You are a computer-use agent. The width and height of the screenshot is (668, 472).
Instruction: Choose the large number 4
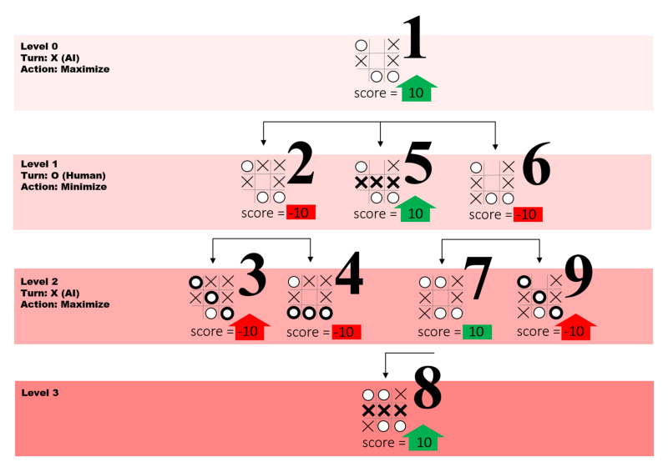pyautogui.click(x=348, y=280)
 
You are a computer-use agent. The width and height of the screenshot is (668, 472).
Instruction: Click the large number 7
pyautogui.click(x=478, y=280)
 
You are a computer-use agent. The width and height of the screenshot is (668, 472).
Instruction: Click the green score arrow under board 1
pyautogui.click(x=416, y=91)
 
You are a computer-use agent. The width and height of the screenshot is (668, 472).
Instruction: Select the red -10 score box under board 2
pyautogui.click(x=299, y=213)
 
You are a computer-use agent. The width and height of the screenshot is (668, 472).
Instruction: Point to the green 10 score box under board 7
pyautogui.click(x=475, y=332)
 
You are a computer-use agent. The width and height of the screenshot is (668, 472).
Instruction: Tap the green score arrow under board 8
pyautogui.click(x=423, y=439)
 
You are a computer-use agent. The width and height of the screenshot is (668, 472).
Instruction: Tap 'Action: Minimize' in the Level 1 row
pyautogui.click(x=63, y=186)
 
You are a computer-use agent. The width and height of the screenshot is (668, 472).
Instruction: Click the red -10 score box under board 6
pyautogui.click(x=525, y=214)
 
